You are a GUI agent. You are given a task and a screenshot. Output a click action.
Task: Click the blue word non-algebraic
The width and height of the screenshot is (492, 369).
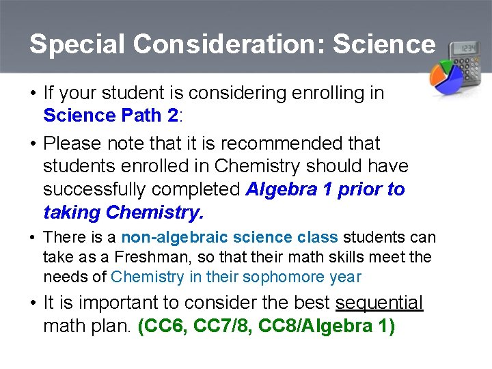tap(174, 238)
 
